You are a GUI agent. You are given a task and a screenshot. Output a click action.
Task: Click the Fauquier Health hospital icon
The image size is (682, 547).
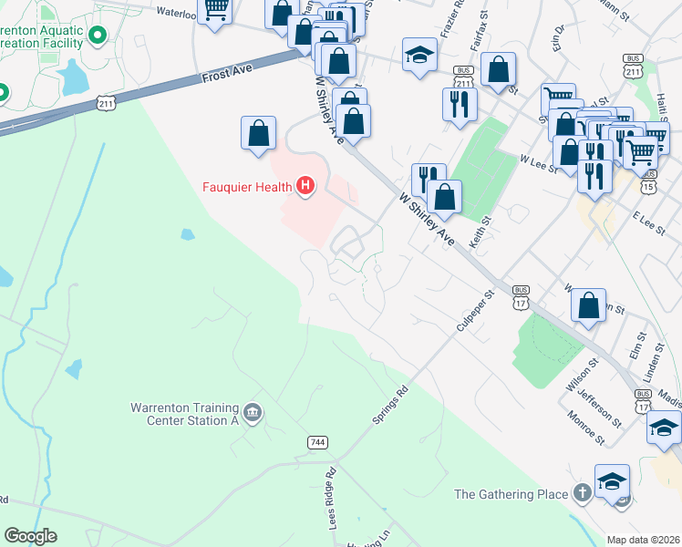[x=305, y=189]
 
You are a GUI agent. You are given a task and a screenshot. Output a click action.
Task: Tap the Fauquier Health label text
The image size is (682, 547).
[x=248, y=189]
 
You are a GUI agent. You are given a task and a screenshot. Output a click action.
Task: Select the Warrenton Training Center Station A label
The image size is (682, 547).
[x=185, y=414]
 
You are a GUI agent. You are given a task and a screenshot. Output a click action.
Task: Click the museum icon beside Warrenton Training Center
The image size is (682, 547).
[x=253, y=414]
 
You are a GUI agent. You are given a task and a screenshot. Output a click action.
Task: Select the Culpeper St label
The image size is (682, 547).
[x=474, y=311]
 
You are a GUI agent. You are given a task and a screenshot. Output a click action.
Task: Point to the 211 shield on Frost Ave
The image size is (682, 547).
[x=108, y=102]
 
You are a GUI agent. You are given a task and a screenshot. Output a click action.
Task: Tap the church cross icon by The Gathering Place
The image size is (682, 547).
[x=582, y=493]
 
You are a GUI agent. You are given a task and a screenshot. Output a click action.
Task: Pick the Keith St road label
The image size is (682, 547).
[x=480, y=232]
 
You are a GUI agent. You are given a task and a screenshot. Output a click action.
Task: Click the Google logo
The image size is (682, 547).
[x=30, y=536]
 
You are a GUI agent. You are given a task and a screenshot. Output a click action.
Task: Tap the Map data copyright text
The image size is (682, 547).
[x=643, y=540]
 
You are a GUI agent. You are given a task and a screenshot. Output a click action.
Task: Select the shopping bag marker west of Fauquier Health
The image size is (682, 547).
[x=259, y=133]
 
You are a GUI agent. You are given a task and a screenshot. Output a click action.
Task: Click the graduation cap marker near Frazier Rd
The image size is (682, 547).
[x=420, y=55]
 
